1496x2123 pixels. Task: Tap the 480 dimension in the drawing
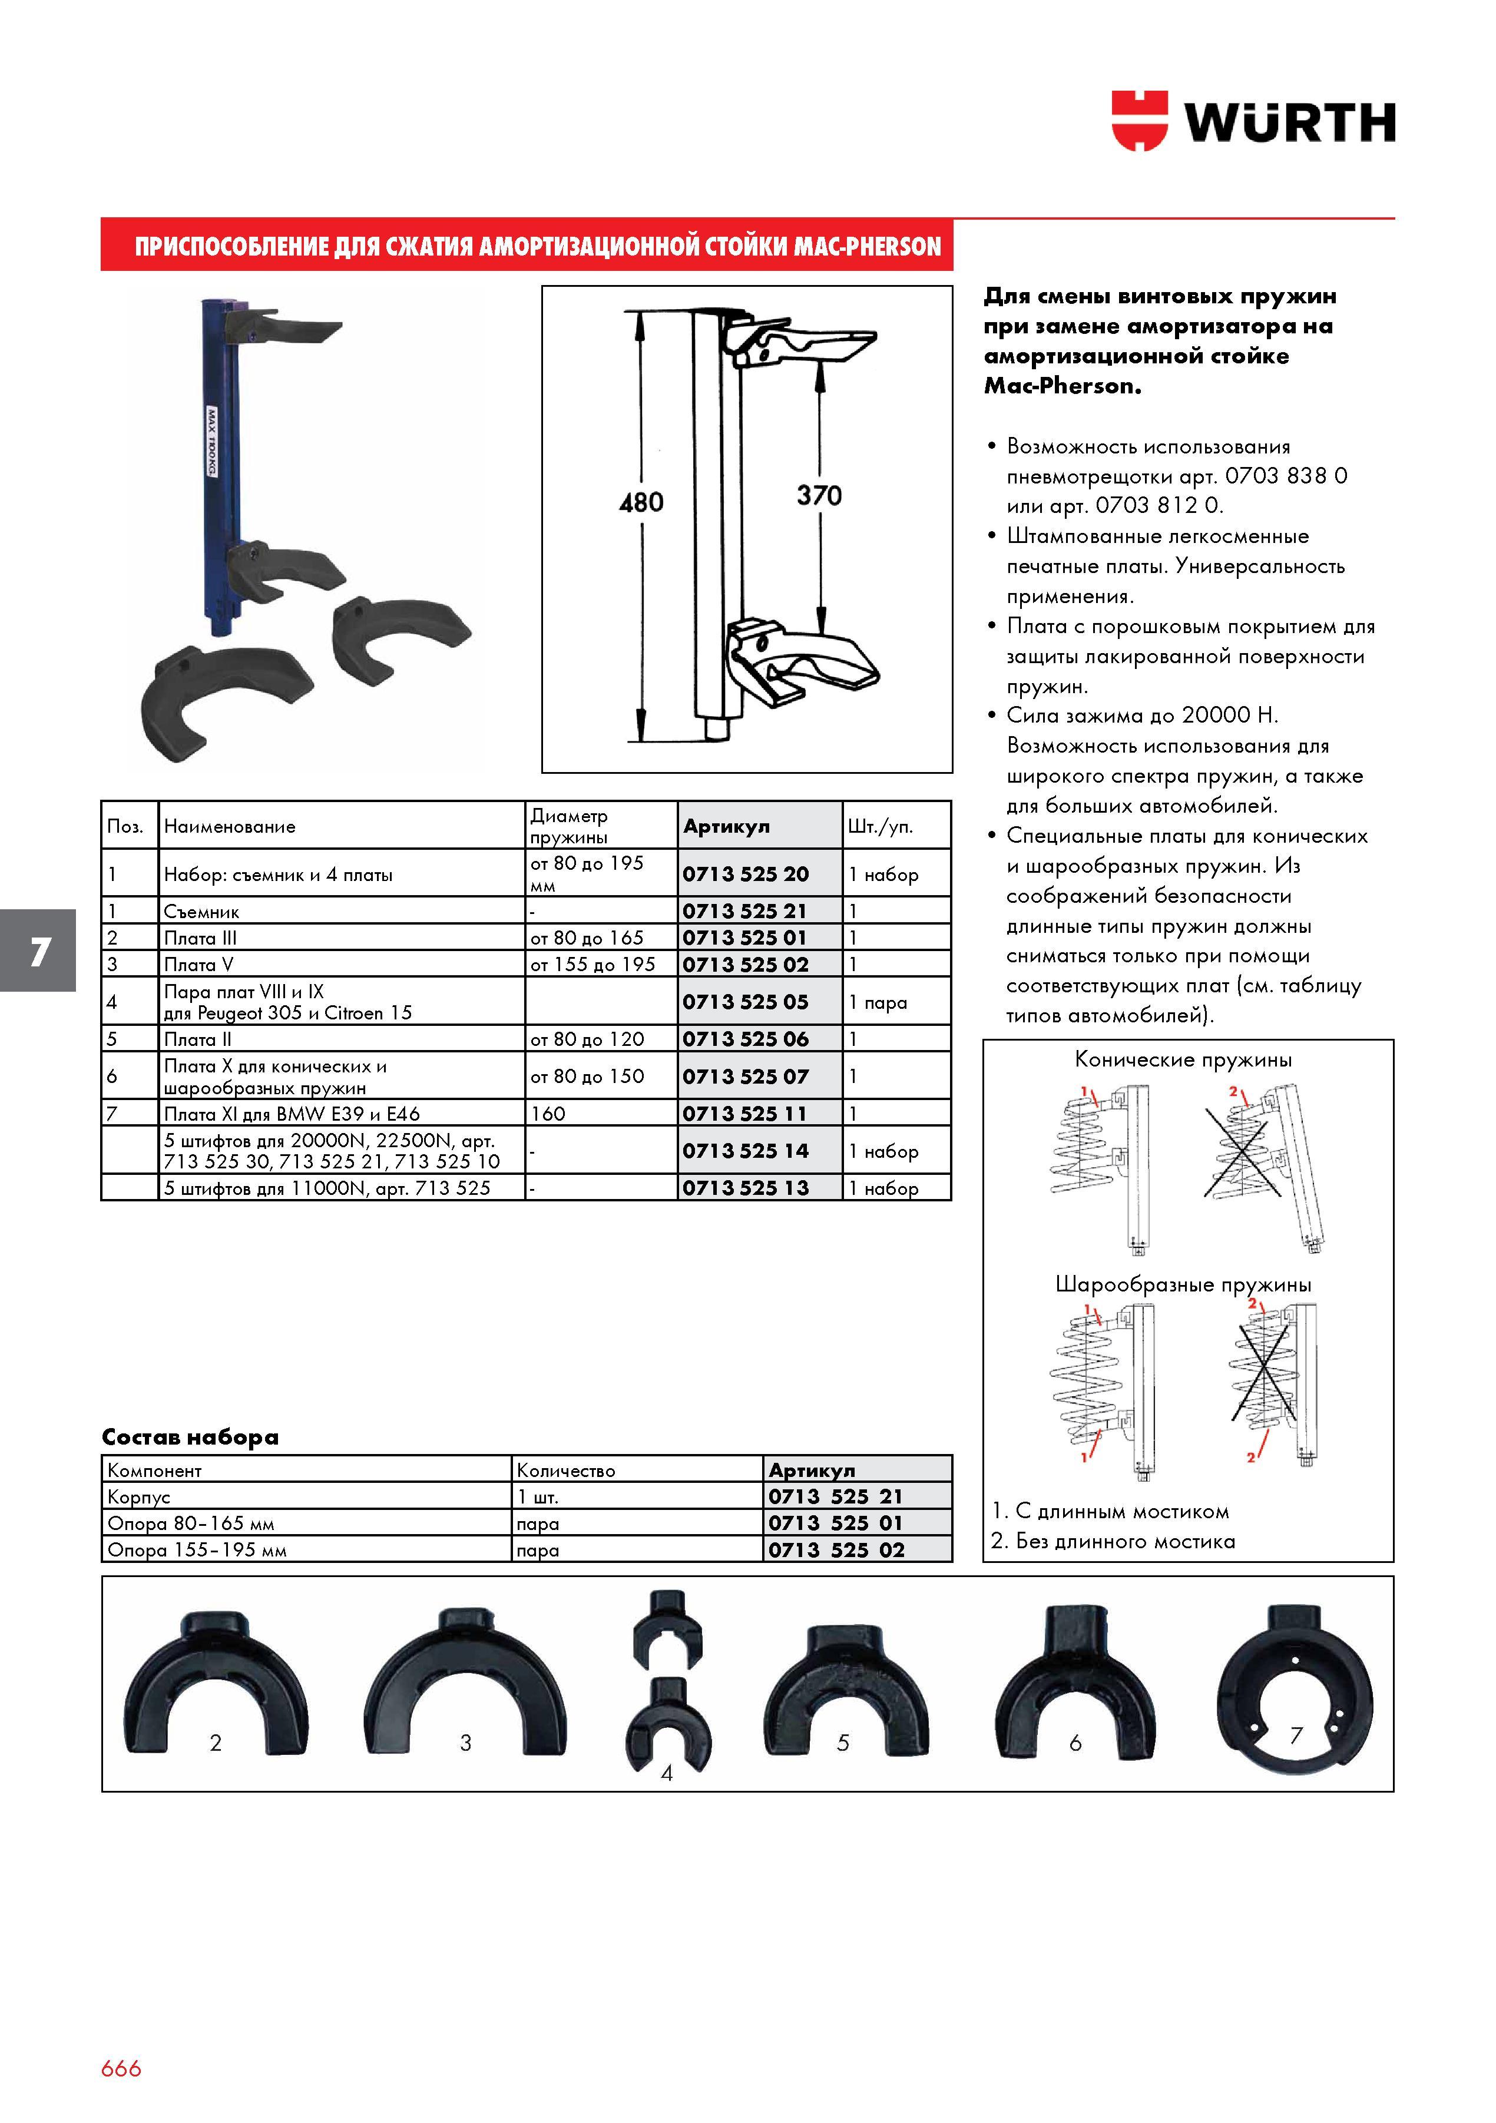[641, 503]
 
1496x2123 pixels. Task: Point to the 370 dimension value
[819, 496]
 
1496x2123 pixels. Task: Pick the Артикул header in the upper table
[726, 827]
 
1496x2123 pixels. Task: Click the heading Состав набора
[190, 1437]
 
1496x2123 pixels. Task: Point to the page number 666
[121, 2068]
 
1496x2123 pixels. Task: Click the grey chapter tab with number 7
[38, 950]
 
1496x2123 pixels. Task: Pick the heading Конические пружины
[1183, 1059]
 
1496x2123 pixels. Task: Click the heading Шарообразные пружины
[1183, 1284]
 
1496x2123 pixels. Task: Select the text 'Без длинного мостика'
[1125, 1541]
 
